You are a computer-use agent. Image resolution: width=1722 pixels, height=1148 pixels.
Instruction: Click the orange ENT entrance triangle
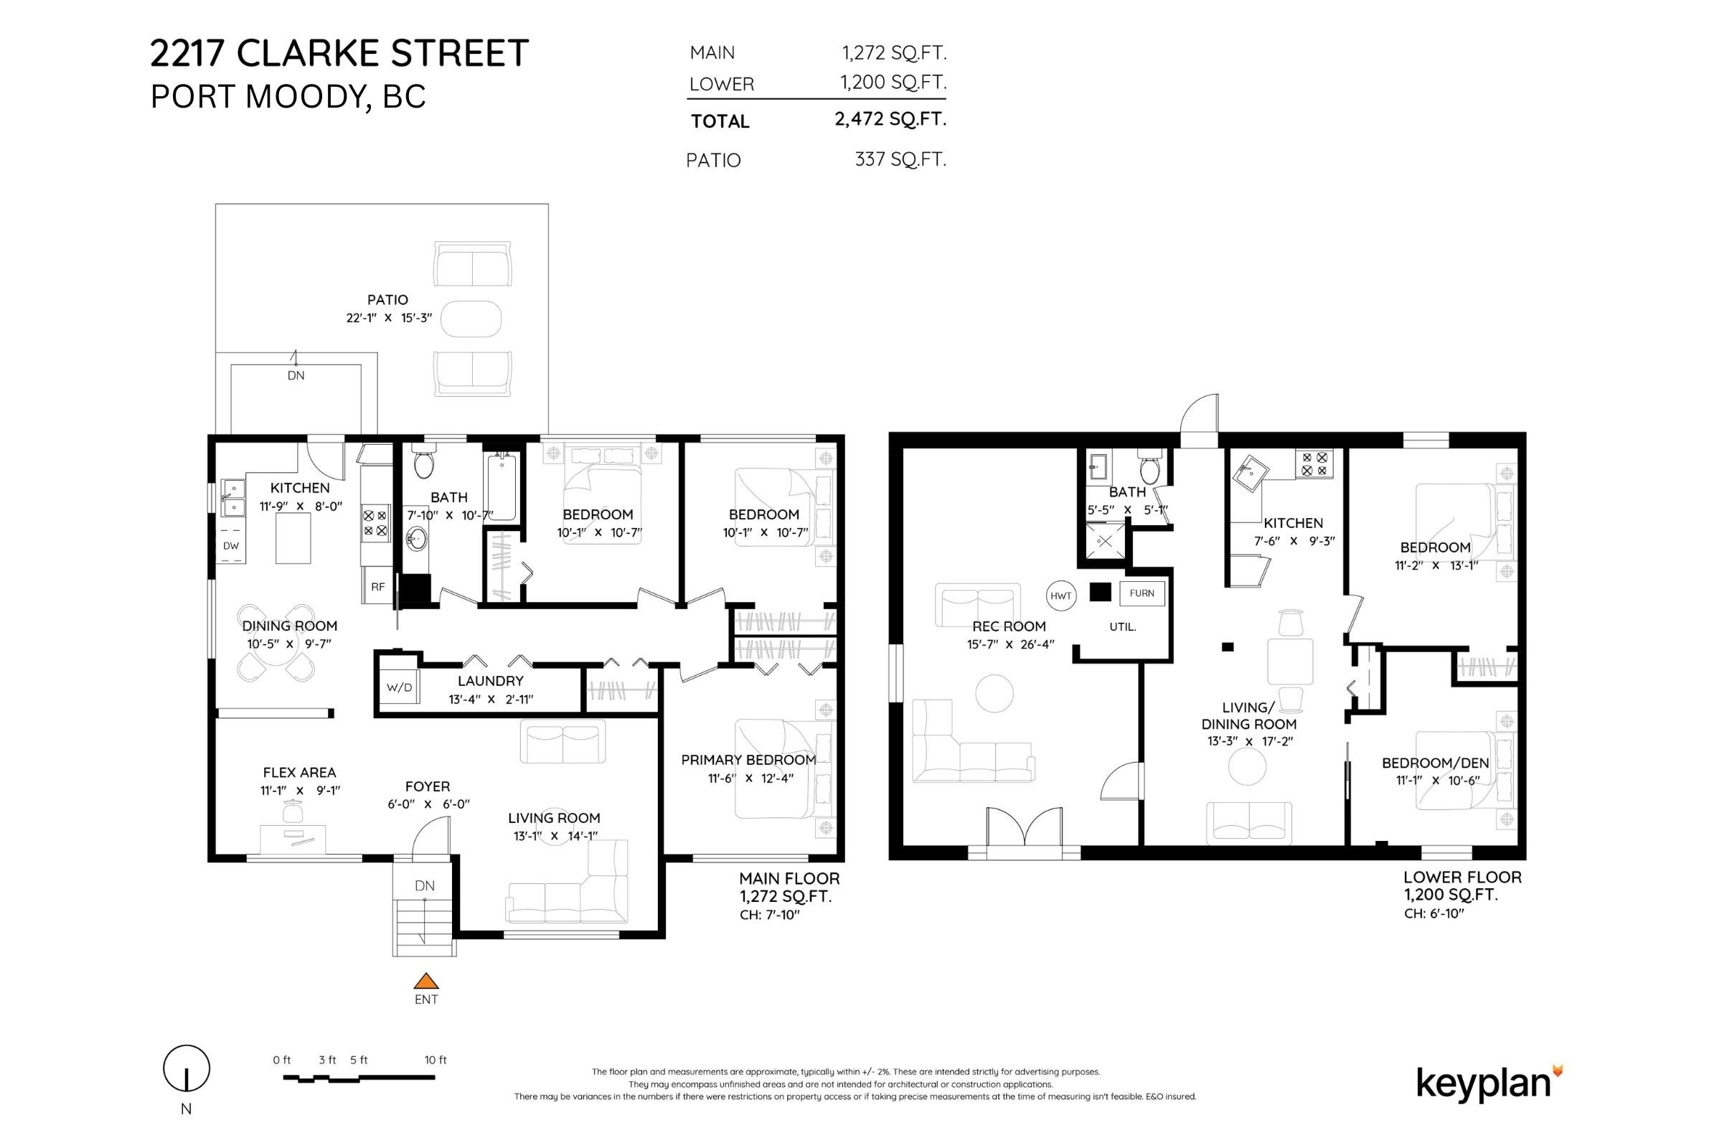pyautogui.click(x=426, y=981)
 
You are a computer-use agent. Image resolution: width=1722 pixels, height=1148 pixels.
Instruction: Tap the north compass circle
pyautogui.click(x=186, y=1069)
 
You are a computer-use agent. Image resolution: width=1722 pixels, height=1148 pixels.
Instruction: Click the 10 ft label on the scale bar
pyautogui.click(x=435, y=1060)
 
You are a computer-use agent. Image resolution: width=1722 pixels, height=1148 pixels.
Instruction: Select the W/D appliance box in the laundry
pyautogui.click(x=400, y=687)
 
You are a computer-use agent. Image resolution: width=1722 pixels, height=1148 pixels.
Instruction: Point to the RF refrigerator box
pyautogui.click(x=378, y=585)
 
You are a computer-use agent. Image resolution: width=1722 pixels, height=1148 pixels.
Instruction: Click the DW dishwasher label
pyautogui.click(x=231, y=545)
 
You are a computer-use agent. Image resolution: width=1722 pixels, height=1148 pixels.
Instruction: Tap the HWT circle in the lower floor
pyautogui.click(x=1061, y=596)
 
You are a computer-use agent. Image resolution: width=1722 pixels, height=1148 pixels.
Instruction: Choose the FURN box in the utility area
pyautogui.click(x=1142, y=593)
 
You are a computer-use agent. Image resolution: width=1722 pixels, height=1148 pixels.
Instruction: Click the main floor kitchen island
pyautogui.click(x=293, y=538)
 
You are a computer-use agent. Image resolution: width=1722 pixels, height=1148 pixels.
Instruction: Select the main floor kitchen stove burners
pyautogui.click(x=375, y=523)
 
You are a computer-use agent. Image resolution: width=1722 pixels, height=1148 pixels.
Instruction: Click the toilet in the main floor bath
pyautogui.click(x=424, y=464)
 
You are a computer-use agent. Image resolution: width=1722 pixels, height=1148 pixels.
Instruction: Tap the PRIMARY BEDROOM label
pyautogui.click(x=748, y=760)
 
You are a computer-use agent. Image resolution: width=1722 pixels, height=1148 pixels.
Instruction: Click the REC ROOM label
pyautogui.click(x=1009, y=626)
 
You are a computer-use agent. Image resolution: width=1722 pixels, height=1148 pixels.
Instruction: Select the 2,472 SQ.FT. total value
pyautogui.click(x=890, y=118)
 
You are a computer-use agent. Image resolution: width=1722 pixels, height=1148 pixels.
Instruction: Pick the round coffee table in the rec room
pyautogui.click(x=994, y=692)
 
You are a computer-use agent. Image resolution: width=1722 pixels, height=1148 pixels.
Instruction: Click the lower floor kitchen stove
pyautogui.click(x=1314, y=464)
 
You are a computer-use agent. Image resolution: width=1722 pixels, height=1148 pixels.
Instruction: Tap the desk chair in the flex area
pyautogui.click(x=293, y=811)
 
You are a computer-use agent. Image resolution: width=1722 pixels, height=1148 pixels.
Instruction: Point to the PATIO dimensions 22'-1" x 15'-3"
pyautogui.click(x=389, y=318)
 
